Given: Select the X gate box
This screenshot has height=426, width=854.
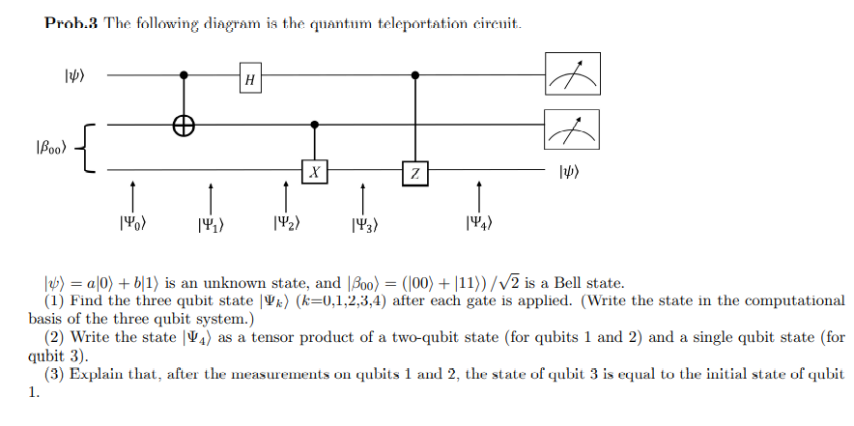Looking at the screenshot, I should coord(315,172).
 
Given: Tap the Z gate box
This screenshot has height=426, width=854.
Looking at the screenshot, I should coord(414,173).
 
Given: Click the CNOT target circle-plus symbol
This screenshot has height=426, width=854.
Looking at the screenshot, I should coord(185,125).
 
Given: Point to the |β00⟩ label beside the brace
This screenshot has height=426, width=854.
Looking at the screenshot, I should coord(48,148).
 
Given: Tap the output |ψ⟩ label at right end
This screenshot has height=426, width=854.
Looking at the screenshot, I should coord(570,174).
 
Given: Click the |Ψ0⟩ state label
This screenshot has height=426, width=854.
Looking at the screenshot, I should coord(132,223).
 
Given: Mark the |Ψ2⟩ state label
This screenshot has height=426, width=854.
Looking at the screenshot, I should coord(286,223).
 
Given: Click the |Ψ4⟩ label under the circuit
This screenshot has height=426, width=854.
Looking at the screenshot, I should coord(480,225).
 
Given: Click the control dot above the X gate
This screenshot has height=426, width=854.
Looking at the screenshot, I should coord(315,125).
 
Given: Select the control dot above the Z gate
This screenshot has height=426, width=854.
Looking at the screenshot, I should coord(414,73).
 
